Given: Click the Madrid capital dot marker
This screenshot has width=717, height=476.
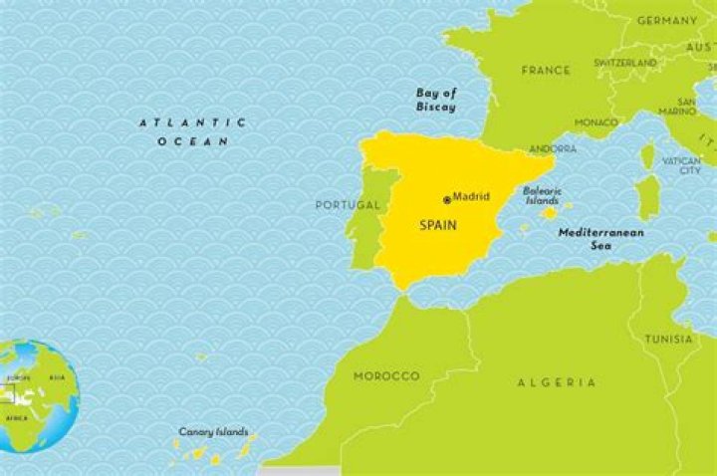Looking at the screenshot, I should click(447, 199).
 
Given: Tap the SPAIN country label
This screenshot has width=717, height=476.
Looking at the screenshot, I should click(437, 226).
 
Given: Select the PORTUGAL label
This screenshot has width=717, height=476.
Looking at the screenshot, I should click(348, 205).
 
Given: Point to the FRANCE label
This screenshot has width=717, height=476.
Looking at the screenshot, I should click(546, 71).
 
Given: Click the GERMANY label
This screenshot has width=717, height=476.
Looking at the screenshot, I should click(666, 20).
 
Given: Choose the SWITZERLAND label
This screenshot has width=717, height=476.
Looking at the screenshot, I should click(625, 63).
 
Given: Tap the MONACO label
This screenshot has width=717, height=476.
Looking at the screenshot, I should click(596, 122).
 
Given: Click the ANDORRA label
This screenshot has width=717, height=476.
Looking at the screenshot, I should click(552, 149).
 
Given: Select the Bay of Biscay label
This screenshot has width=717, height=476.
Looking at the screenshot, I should click(435, 99).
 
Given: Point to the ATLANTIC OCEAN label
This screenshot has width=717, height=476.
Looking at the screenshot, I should click(192, 131).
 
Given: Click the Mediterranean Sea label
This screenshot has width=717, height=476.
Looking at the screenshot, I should click(600, 238).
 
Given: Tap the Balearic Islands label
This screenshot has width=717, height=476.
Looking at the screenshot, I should click(543, 195).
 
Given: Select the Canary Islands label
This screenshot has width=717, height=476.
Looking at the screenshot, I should click(213, 433).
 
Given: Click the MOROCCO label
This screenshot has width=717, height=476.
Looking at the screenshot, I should click(386, 376).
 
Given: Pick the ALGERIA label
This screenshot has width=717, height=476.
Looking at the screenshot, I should click(557, 382).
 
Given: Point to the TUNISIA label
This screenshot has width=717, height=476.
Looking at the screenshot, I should click(668, 339).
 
